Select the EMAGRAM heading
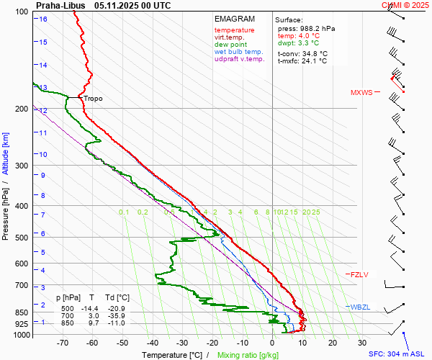pos(234,19)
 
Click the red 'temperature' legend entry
pos(234,30)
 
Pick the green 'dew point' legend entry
pos(230,45)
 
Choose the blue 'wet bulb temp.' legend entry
pos(239,53)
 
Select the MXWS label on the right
pos(362,93)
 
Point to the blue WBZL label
pos(359,307)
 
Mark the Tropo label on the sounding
pos(93,99)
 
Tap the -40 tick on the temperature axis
pos(152,343)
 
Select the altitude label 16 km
pos(43,19)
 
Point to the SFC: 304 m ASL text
pos(398,354)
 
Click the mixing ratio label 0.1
pos(124,212)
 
